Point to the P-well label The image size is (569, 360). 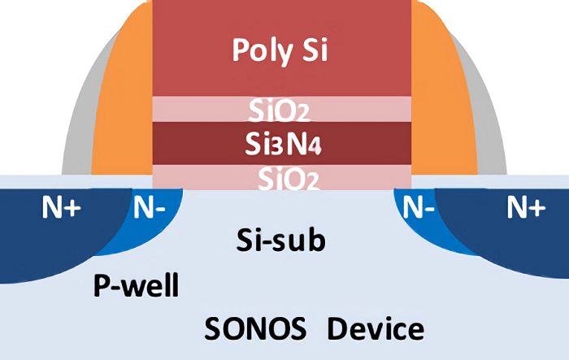tap(136, 286)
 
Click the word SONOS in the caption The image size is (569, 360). tap(255, 330)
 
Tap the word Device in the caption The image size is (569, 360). tap(375, 330)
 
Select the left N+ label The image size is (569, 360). tap(62, 209)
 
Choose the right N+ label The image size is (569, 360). tap(526, 209)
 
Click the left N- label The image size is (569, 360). tap(150, 209)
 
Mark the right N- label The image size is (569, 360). tap(419, 209)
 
